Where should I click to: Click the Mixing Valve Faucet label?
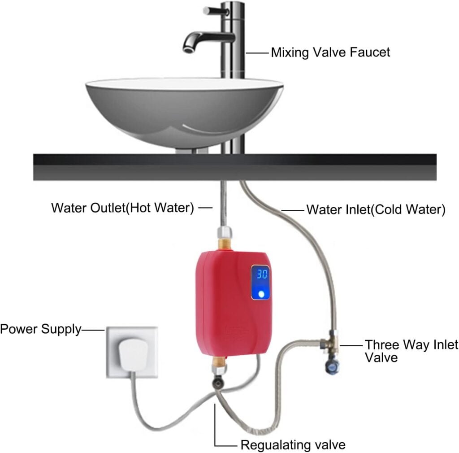tap(330, 52)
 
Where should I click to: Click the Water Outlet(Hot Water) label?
tap(122, 208)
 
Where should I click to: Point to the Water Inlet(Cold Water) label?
tap(375, 209)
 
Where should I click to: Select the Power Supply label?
tap(40, 330)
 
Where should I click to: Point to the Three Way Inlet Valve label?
tap(411, 351)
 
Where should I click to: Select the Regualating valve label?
tap(293, 445)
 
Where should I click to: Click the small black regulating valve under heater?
tap(218, 383)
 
